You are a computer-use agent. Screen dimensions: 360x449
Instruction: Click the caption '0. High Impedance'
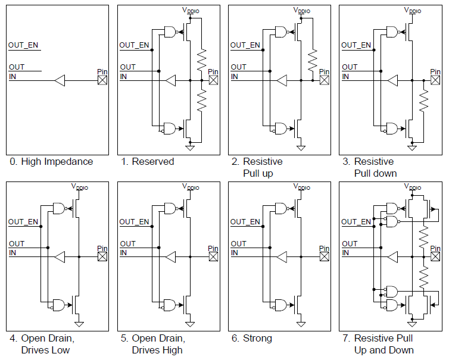coord(51,161)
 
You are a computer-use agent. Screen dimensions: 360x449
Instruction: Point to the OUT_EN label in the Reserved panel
coord(134,45)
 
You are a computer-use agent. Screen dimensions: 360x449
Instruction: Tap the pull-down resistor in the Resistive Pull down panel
coord(423,102)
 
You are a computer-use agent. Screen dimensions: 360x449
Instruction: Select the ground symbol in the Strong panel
coord(301,323)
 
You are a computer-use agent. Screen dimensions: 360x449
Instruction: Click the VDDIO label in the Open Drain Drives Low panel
coord(80,186)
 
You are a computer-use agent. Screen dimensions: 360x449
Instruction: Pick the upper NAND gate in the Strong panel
coord(282,208)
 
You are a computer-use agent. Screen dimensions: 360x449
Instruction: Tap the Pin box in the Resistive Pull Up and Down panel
coord(435,257)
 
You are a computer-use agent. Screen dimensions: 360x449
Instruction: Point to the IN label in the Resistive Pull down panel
coord(345,77)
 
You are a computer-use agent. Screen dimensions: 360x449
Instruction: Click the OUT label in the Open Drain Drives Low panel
coord(17,244)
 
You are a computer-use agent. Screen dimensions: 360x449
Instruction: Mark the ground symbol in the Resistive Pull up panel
coord(301,146)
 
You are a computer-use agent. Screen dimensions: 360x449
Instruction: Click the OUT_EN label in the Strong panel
coord(245,222)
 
